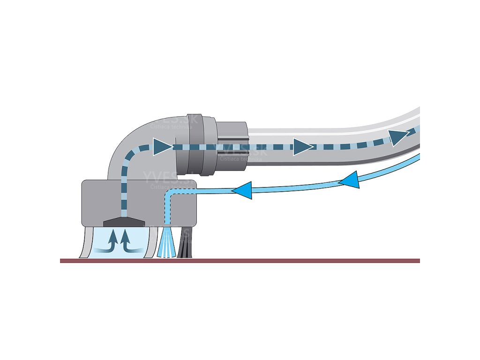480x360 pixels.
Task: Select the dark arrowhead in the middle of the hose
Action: coord(303,146)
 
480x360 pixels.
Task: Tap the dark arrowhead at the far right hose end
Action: coord(399,136)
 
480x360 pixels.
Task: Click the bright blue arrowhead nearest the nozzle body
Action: coord(242,190)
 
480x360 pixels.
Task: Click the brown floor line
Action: coord(240,261)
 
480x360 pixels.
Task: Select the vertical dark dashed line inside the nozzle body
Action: coord(124,197)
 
